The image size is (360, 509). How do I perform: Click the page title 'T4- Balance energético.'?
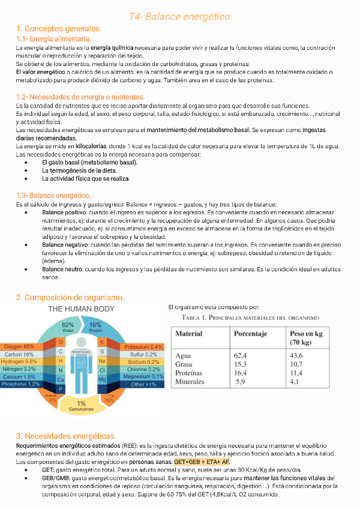tap(180, 16)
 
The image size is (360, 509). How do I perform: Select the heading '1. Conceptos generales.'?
tap(59, 29)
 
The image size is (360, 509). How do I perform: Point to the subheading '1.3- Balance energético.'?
tap(53, 195)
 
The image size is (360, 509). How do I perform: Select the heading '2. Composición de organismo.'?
tap(70, 298)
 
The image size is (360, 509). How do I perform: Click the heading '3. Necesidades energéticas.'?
tap(65, 435)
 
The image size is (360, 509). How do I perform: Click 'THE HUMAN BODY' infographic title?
tap(81, 309)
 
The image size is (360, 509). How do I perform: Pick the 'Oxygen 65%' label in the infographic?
tap(19, 347)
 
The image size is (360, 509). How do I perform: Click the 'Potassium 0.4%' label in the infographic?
tap(143, 347)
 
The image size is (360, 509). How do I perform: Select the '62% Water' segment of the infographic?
tap(68, 328)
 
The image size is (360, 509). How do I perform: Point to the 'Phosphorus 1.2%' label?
tap(20, 384)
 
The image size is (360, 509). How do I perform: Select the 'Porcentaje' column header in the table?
tap(250, 333)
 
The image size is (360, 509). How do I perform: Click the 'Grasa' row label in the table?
tap(184, 364)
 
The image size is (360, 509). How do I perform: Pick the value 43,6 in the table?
tap(296, 356)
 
